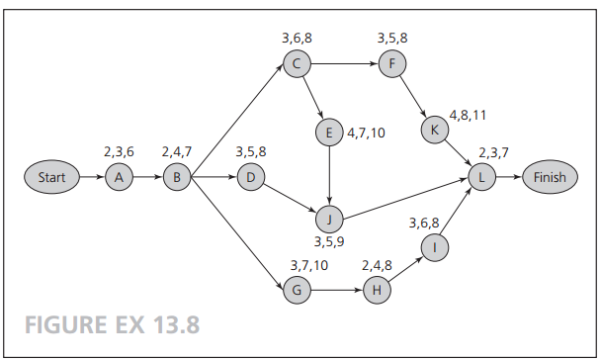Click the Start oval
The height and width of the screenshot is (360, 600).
(x=50, y=178)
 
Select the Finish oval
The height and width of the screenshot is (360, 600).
(x=550, y=178)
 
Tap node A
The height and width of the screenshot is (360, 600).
(x=120, y=178)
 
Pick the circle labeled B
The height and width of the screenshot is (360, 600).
(x=177, y=178)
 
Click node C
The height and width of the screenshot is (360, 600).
(x=296, y=64)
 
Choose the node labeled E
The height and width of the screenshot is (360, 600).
(x=328, y=132)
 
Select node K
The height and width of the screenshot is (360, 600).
(x=433, y=129)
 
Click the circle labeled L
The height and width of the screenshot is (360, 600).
(x=481, y=178)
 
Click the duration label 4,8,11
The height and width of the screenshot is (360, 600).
(x=468, y=115)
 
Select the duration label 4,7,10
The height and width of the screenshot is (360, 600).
(x=367, y=132)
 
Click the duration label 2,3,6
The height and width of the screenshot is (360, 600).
(x=119, y=152)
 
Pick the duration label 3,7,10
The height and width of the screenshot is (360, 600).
(x=309, y=265)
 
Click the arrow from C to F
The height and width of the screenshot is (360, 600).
(x=342, y=64)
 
